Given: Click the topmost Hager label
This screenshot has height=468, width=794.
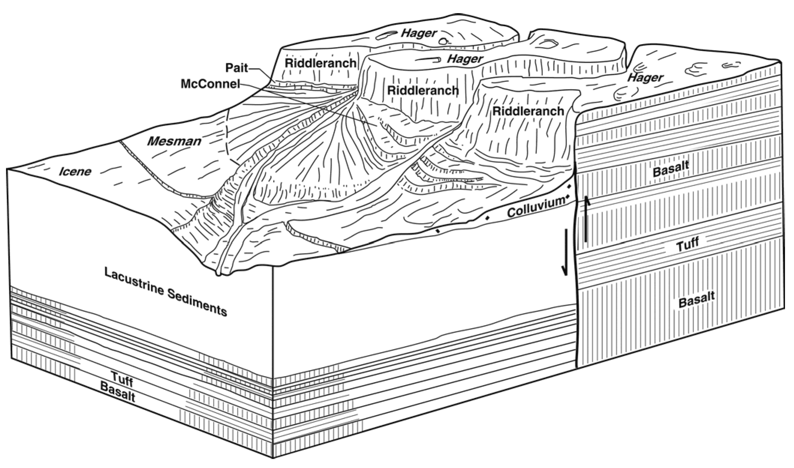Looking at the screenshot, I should pos(419,33).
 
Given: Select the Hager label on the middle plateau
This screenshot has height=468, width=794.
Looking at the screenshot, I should pos(465,59).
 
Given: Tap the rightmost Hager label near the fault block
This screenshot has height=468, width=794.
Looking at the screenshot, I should pos(645,78).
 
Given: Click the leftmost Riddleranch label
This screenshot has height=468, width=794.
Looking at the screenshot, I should pos(320,63).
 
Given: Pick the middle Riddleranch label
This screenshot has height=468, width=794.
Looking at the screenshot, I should pos(423,90).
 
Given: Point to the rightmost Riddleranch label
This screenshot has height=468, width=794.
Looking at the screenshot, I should pos(528,111).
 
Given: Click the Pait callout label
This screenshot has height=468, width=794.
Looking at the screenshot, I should pos(236,68).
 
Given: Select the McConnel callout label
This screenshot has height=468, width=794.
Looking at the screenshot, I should pos(210,84).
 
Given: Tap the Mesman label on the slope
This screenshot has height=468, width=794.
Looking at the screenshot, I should pos(174,141).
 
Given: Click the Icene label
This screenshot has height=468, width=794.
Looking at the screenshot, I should pos(75,171).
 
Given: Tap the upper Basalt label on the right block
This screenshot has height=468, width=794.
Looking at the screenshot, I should pos(671,169).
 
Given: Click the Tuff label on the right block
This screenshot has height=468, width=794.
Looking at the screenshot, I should pos(688,244).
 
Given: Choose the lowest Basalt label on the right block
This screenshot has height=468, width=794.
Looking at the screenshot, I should pos(696,299).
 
